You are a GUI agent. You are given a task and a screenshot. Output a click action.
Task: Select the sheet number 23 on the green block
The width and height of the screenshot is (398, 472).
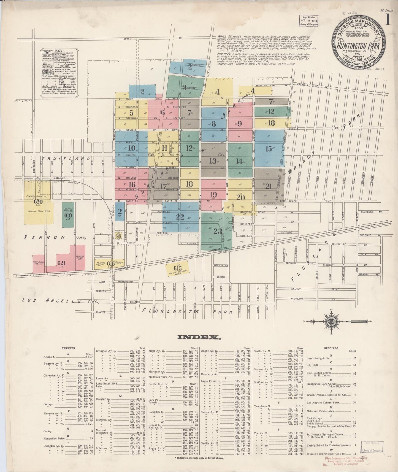tap(218, 231)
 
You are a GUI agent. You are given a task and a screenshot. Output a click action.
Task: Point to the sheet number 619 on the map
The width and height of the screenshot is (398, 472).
tap(68, 215)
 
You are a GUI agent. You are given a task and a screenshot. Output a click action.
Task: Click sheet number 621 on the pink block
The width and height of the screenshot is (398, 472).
tap(61, 263)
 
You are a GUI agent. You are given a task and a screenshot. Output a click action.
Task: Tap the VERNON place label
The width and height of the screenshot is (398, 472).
tap(44, 237)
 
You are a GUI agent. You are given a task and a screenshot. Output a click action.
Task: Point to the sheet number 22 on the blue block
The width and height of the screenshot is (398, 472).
tap(180, 217)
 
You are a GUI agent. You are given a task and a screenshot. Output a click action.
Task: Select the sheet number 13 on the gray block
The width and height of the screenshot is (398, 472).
tap(213, 161)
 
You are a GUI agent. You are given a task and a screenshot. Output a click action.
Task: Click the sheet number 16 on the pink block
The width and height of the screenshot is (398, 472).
tap(132, 185)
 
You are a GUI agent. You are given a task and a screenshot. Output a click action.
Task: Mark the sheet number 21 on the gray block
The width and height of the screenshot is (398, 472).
tap(269, 186)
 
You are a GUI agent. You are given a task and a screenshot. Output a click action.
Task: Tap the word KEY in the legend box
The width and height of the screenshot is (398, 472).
tap(59, 51)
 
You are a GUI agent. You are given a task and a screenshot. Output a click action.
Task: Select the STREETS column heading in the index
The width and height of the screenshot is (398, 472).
tap(68, 348)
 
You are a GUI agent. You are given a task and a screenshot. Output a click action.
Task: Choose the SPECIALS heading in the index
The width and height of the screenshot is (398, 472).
tap(331, 348)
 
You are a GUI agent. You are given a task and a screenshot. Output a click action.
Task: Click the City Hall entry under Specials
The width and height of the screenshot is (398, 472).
tap(312, 365)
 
